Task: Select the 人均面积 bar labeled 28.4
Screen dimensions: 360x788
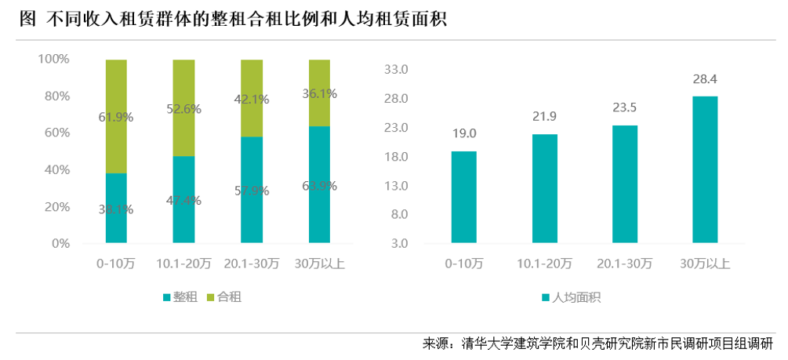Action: click(x=705, y=170)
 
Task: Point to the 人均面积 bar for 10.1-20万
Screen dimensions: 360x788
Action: click(x=545, y=189)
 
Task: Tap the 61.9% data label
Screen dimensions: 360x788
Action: click(x=116, y=118)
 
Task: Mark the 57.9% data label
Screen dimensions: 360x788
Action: click(x=251, y=191)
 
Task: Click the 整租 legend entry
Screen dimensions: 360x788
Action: click(x=180, y=298)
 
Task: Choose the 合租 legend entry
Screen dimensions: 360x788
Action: click(x=223, y=298)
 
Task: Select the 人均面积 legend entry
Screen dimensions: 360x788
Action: click(x=571, y=298)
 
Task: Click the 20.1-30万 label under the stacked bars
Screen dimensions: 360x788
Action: click(x=251, y=264)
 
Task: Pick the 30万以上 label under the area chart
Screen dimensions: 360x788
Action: click(x=705, y=264)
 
